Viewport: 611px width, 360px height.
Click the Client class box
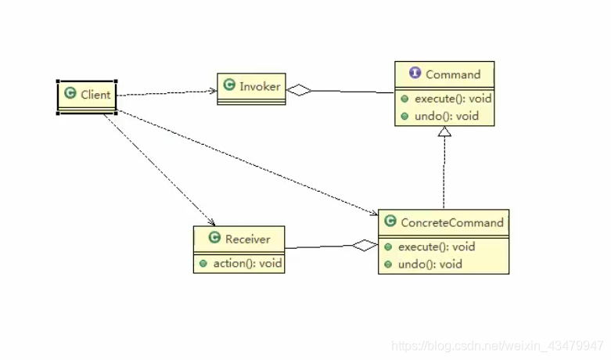87,95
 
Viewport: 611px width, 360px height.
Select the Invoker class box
251,87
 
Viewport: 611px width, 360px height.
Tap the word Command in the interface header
453,74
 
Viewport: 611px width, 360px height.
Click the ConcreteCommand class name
451,222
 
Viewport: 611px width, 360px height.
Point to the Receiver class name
248,239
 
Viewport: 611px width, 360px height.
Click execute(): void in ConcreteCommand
436,247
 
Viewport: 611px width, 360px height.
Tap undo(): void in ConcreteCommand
429,264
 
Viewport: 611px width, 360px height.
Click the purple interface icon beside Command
415,74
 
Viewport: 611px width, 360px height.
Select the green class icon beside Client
70,94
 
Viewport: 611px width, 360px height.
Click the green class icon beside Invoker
229,86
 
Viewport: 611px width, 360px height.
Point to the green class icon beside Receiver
214,239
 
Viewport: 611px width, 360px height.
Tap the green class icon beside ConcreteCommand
390,222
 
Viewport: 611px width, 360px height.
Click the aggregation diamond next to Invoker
298,90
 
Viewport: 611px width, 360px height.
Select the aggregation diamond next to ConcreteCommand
364,246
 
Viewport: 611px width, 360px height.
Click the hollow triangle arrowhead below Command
444,131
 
